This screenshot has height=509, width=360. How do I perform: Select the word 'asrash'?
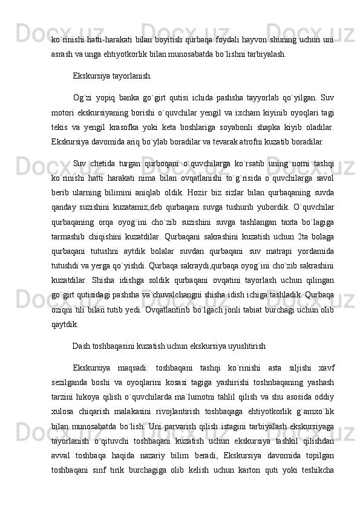pyautogui.click(x=62, y=53)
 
